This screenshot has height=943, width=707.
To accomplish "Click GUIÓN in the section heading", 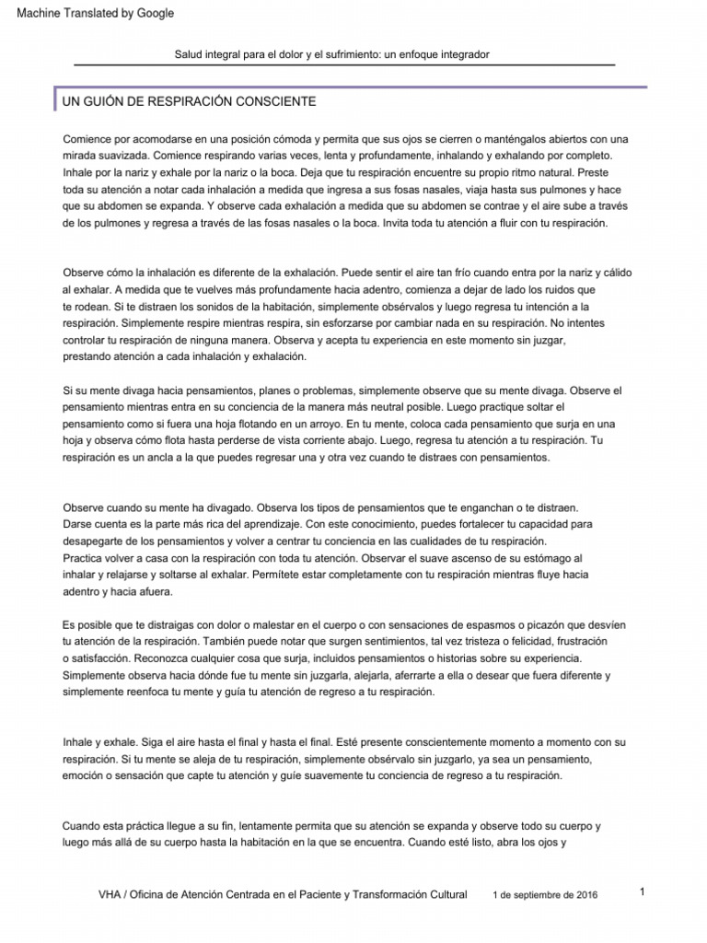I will point(107,99).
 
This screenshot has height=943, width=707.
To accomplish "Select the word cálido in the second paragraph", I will point(613,273).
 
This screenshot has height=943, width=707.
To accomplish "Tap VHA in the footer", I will point(110,895).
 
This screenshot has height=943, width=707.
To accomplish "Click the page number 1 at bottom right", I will point(642,891).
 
